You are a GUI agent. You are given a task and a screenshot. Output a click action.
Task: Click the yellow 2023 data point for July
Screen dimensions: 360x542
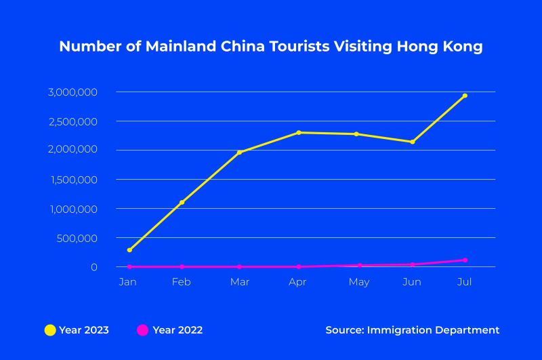[465, 96]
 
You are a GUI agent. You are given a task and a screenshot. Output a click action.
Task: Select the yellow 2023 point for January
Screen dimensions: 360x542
[129, 250]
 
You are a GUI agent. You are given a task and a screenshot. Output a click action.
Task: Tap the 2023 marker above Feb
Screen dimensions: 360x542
[182, 202]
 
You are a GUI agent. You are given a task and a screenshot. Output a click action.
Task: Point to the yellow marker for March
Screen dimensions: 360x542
[239, 153]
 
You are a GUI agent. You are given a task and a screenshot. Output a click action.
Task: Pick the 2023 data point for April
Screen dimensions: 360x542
[299, 132]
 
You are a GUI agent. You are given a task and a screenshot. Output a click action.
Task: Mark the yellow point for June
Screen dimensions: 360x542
[412, 142]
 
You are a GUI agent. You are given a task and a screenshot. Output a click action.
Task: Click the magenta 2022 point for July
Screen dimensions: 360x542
[465, 260]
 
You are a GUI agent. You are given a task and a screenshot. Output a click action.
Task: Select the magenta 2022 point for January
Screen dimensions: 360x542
[129, 266]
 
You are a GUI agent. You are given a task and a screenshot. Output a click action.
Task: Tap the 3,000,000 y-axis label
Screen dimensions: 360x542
[73, 92]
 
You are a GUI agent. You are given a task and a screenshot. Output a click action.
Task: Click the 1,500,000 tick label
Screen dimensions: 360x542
[73, 180]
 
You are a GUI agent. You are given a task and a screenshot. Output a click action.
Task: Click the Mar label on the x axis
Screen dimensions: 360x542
[239, 282]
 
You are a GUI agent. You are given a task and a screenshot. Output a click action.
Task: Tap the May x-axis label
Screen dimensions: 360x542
[359, 282]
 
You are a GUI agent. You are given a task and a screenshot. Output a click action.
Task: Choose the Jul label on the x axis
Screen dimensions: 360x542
[465, 282]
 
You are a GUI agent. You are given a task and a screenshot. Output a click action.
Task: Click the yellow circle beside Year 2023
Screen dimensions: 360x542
[50, 330]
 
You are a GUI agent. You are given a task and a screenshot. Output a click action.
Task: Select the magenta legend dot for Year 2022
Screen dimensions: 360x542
[143, 330]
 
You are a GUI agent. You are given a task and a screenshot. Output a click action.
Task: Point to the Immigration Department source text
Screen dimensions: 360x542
[433, 330]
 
